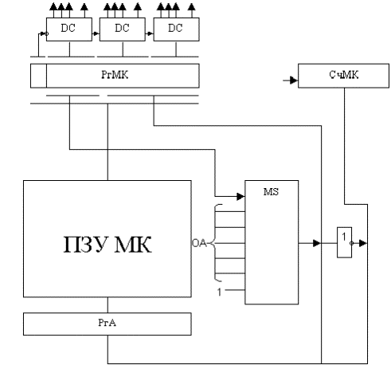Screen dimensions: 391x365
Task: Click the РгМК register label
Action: click(x=115, y=75)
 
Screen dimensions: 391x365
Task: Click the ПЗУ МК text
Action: click(x=108, y=244)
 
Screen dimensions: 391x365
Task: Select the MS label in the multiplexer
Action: click(x=271, y=191)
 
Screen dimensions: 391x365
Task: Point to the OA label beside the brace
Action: click(x=199, y=243)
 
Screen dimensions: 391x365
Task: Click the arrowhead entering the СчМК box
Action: click(x=294, y=80)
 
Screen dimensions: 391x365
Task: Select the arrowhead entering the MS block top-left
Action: click(x=240, y=197)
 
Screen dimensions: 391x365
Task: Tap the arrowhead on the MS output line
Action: click(x=317, y=243)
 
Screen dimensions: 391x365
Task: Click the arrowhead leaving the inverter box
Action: click(x=363, y=243)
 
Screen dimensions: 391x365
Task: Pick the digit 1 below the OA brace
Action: click(x=219, y=292)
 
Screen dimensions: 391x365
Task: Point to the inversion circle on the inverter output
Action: click(x=352, y=243)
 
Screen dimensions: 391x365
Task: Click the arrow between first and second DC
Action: click(x=96, y=33)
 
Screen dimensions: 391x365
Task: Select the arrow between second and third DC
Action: click(x=150, y=33)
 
